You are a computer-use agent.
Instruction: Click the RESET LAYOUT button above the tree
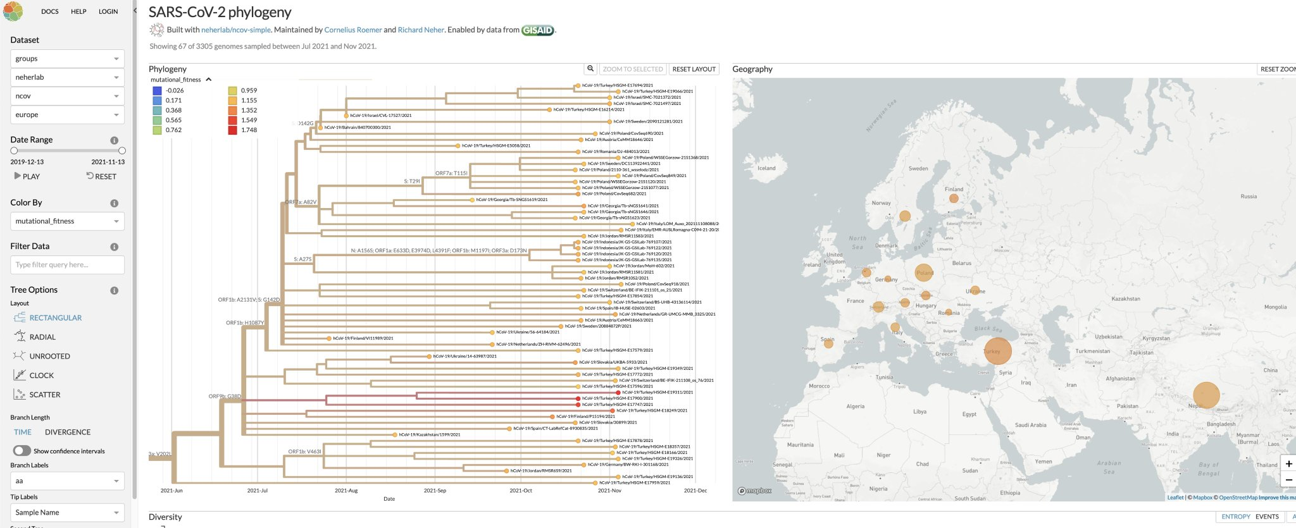coord(694,69)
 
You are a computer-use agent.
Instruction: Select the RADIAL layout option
coord(42,337)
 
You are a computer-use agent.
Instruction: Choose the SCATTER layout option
coord(44,395)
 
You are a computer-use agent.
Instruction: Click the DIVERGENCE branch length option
coord(68,432)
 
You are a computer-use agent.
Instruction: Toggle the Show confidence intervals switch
coord(22,451)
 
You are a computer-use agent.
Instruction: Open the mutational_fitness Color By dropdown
coord(67,221)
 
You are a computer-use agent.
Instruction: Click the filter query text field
coord(67,265)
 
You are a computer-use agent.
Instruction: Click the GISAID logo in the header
coord(537,30)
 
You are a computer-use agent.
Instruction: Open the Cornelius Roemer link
coord(353,30)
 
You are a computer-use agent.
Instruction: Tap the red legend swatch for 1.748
coord(233,130)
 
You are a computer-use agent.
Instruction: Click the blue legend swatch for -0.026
coord(157,90)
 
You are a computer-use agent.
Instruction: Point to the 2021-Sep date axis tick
coord(435,490)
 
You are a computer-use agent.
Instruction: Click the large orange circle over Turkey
coord(997,351)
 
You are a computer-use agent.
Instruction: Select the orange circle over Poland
coord(924,273)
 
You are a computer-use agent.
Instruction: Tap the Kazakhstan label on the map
coord(1126,298)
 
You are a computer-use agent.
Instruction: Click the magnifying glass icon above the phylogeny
coord(590,69)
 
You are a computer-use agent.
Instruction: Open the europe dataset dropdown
coord(67,114)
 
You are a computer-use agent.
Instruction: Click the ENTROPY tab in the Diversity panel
coord(1235,517)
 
